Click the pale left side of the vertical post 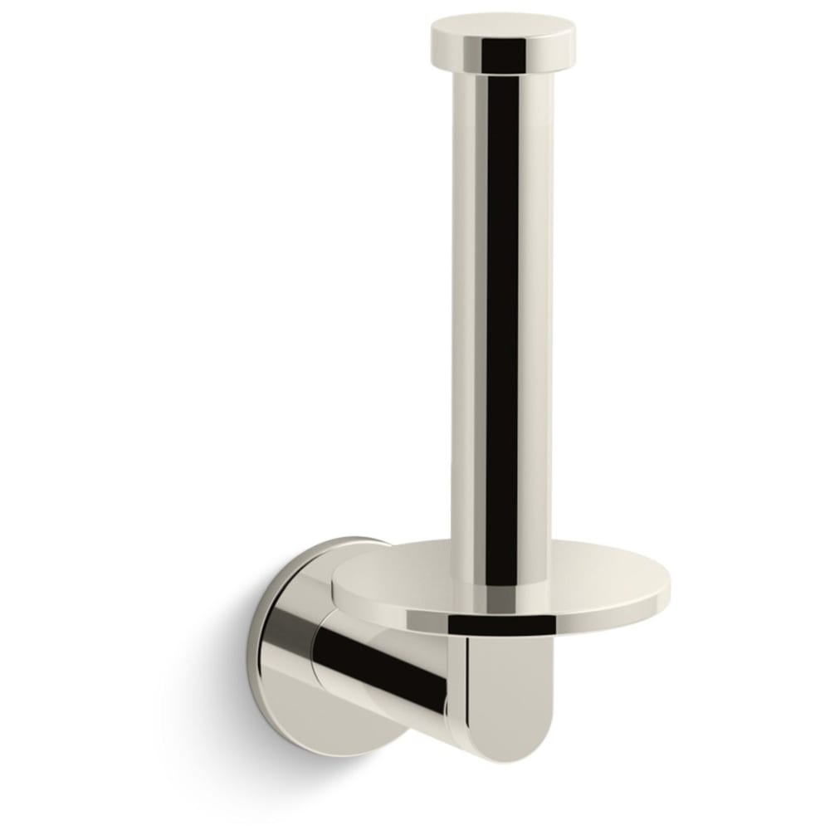point(466,315)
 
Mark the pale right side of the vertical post point(535,315)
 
